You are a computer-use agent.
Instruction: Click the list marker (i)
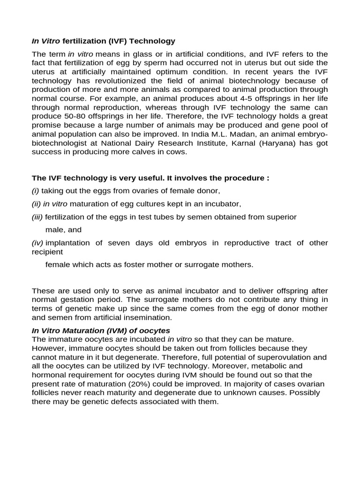(36, 191)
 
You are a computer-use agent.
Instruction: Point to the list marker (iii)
(37, 217)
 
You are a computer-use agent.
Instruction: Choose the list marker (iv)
(37, 243)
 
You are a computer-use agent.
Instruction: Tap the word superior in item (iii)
(283, 217)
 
